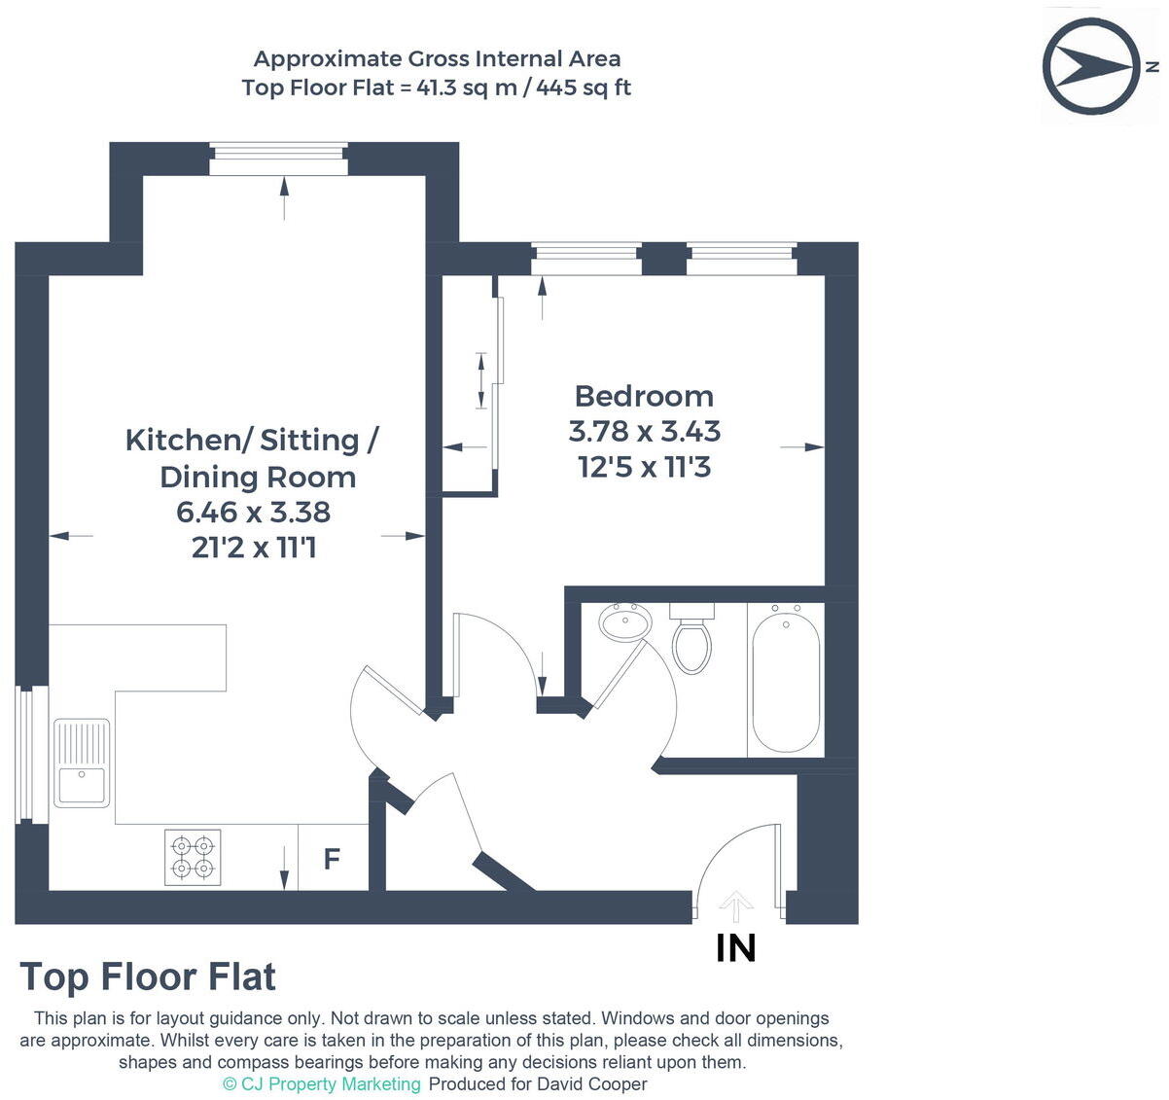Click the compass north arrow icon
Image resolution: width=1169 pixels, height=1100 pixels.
[x=1091, y=66]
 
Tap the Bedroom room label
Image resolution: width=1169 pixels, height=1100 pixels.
[x=644, y=396]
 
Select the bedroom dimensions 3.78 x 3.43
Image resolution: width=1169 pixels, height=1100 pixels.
[x=644, y=431]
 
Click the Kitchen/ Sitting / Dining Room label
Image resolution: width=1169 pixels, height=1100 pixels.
[x=253, y=458]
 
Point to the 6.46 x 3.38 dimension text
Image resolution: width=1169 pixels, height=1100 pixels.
[x=254, y=512]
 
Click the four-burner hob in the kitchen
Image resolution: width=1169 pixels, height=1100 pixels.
[x=193, y=857]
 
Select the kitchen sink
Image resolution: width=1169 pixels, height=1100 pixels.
[x=82, y=763]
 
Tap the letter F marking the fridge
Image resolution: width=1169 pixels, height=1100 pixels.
[x=332, y=859]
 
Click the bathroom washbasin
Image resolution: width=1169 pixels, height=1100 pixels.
[x=624, y=621]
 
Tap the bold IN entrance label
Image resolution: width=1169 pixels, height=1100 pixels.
[x=735, y=948]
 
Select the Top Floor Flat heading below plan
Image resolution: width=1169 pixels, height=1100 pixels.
[x=148, y=976]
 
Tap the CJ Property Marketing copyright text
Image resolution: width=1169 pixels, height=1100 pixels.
[x=322, y=1083]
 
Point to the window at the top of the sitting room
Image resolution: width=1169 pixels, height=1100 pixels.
[x=279, y=160]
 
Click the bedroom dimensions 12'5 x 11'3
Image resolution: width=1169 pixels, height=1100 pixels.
[x=644, y=467]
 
